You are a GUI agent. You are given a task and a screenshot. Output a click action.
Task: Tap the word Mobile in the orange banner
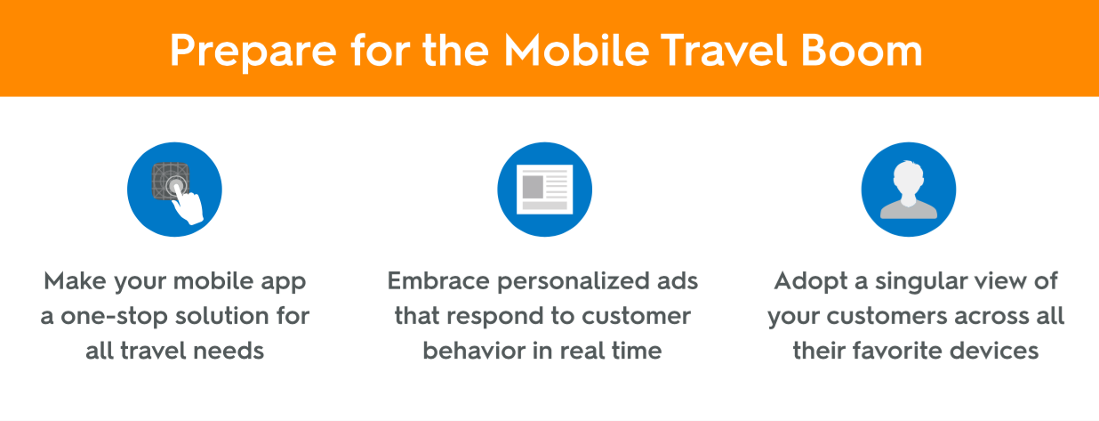pyautogui.click(x=577, y=50)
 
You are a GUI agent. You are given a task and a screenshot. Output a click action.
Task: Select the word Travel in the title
pyautogui.click(x=724, y=50)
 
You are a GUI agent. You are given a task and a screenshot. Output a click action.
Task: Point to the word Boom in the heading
pyautogui.click(x=862, y=50)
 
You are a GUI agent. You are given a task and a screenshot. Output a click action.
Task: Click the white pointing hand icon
pyautogui.click(x=189, y=206)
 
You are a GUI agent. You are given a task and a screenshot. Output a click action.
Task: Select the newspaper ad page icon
pyautogui.click(x=544, y=189)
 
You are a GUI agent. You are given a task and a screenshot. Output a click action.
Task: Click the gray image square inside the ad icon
pyautogui.click(x=533, y=187)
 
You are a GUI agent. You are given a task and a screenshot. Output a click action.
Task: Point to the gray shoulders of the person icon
pyautogui.click(x=909, y=210)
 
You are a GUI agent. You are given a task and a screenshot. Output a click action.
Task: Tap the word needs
pyautogui.click(x=229, y=351)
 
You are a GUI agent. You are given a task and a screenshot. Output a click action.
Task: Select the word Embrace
pyautogui.click(x=438, y=281)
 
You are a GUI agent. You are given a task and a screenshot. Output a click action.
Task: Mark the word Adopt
pyautogui.click(x=811, y=282)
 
